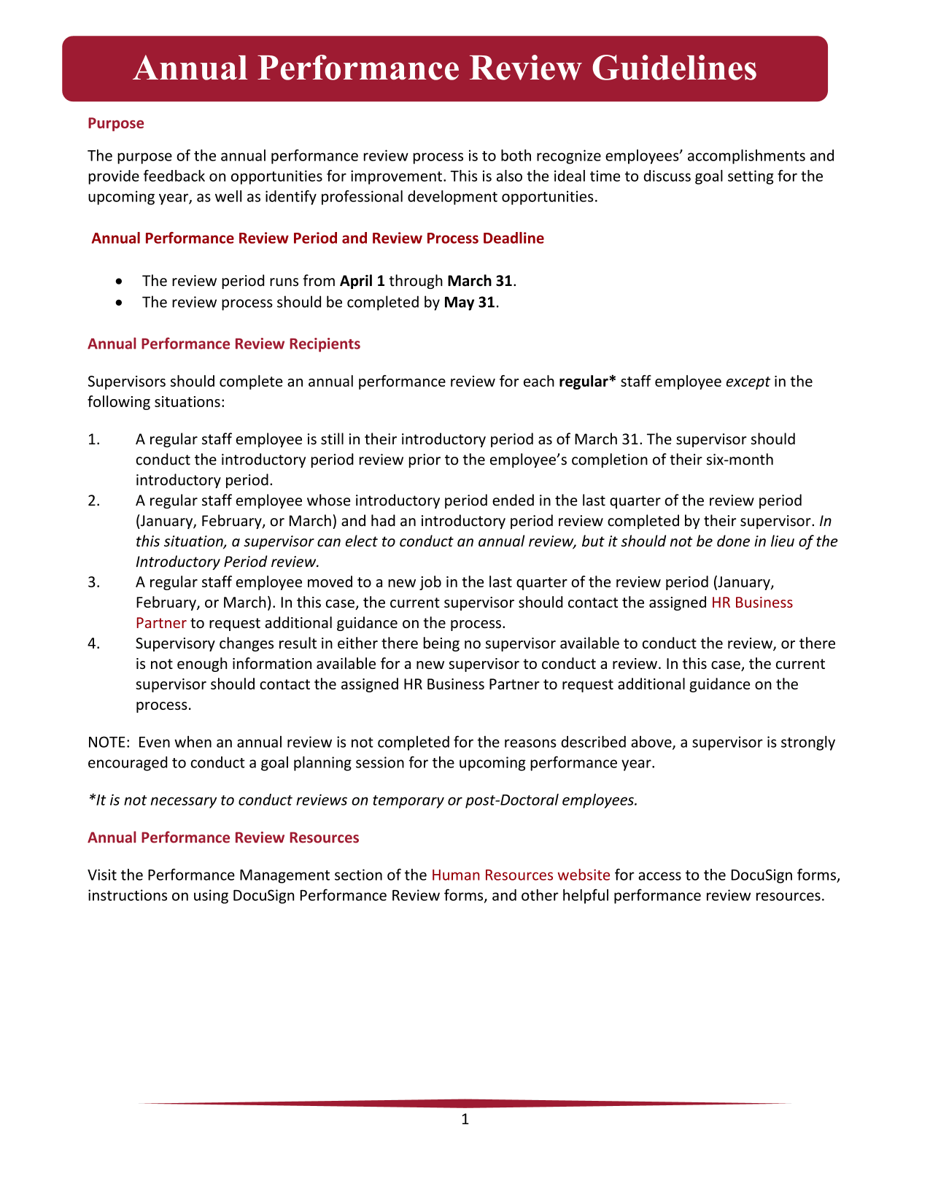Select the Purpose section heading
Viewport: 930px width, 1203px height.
point(115,123)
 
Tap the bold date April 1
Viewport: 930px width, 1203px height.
point(363,281)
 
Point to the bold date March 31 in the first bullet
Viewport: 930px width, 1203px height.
point(479,281)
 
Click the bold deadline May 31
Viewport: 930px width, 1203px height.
point(469,302)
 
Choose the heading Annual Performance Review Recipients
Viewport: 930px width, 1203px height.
point(223,344)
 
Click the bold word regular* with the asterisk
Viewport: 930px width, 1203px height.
point(587,382)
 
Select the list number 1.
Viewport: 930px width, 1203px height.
point(92,439)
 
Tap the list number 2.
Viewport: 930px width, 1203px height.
point(92,500)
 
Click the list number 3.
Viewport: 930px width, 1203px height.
point(92,582)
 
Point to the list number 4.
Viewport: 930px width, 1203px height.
point(92,643)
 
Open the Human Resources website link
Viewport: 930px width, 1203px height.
point(520,875)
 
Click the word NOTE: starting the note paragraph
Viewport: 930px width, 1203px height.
point(108,743)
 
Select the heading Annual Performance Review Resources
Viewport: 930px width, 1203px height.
point(223,838)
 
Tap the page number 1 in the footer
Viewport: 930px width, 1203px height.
point(465,1120)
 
